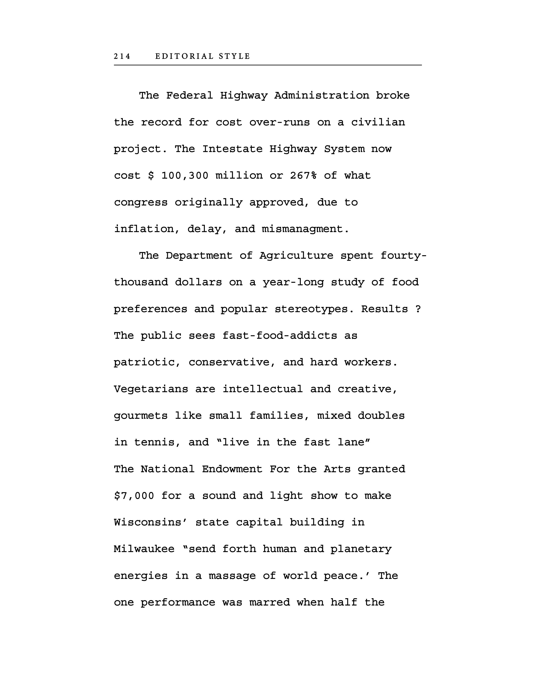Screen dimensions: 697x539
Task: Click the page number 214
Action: click(x=122, y=56)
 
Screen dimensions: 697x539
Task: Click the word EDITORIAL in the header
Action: click(x=184, y=56)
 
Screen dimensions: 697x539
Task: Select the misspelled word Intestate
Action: click(x=232, y=149)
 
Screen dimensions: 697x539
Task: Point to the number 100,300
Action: click(x=185, y=176)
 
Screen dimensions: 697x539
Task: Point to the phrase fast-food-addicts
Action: click(x=279, y=336)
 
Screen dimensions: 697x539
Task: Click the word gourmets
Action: click(x=141, y=416)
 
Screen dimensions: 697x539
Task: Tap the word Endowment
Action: click(x=232, y=470)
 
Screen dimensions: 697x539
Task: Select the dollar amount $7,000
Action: click(x=134, y=496)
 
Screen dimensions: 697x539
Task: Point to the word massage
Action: click(x=232, y=576)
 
